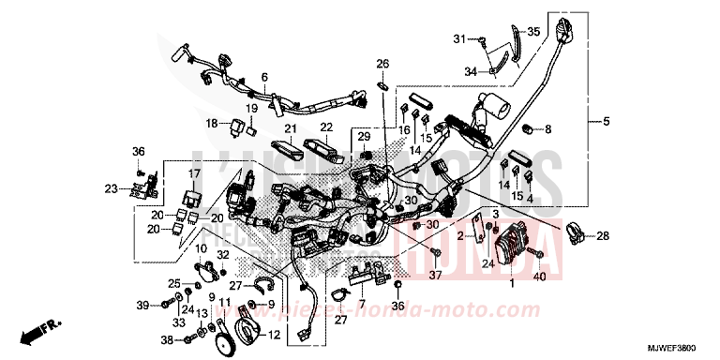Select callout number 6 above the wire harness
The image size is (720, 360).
(264, 77)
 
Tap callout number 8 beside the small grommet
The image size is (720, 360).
(548, 128)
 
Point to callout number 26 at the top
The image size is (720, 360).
(382, 64)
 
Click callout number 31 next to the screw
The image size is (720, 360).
(459, 38)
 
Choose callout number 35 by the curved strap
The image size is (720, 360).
(533, 32)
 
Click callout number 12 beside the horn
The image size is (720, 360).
(274, 335)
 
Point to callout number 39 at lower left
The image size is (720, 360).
(142, 306)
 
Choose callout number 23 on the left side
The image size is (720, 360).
(111, 189)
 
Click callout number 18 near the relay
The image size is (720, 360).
(211, 123)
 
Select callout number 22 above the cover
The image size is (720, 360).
(325, 128)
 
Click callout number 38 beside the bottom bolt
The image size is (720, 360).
(167, 339)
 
